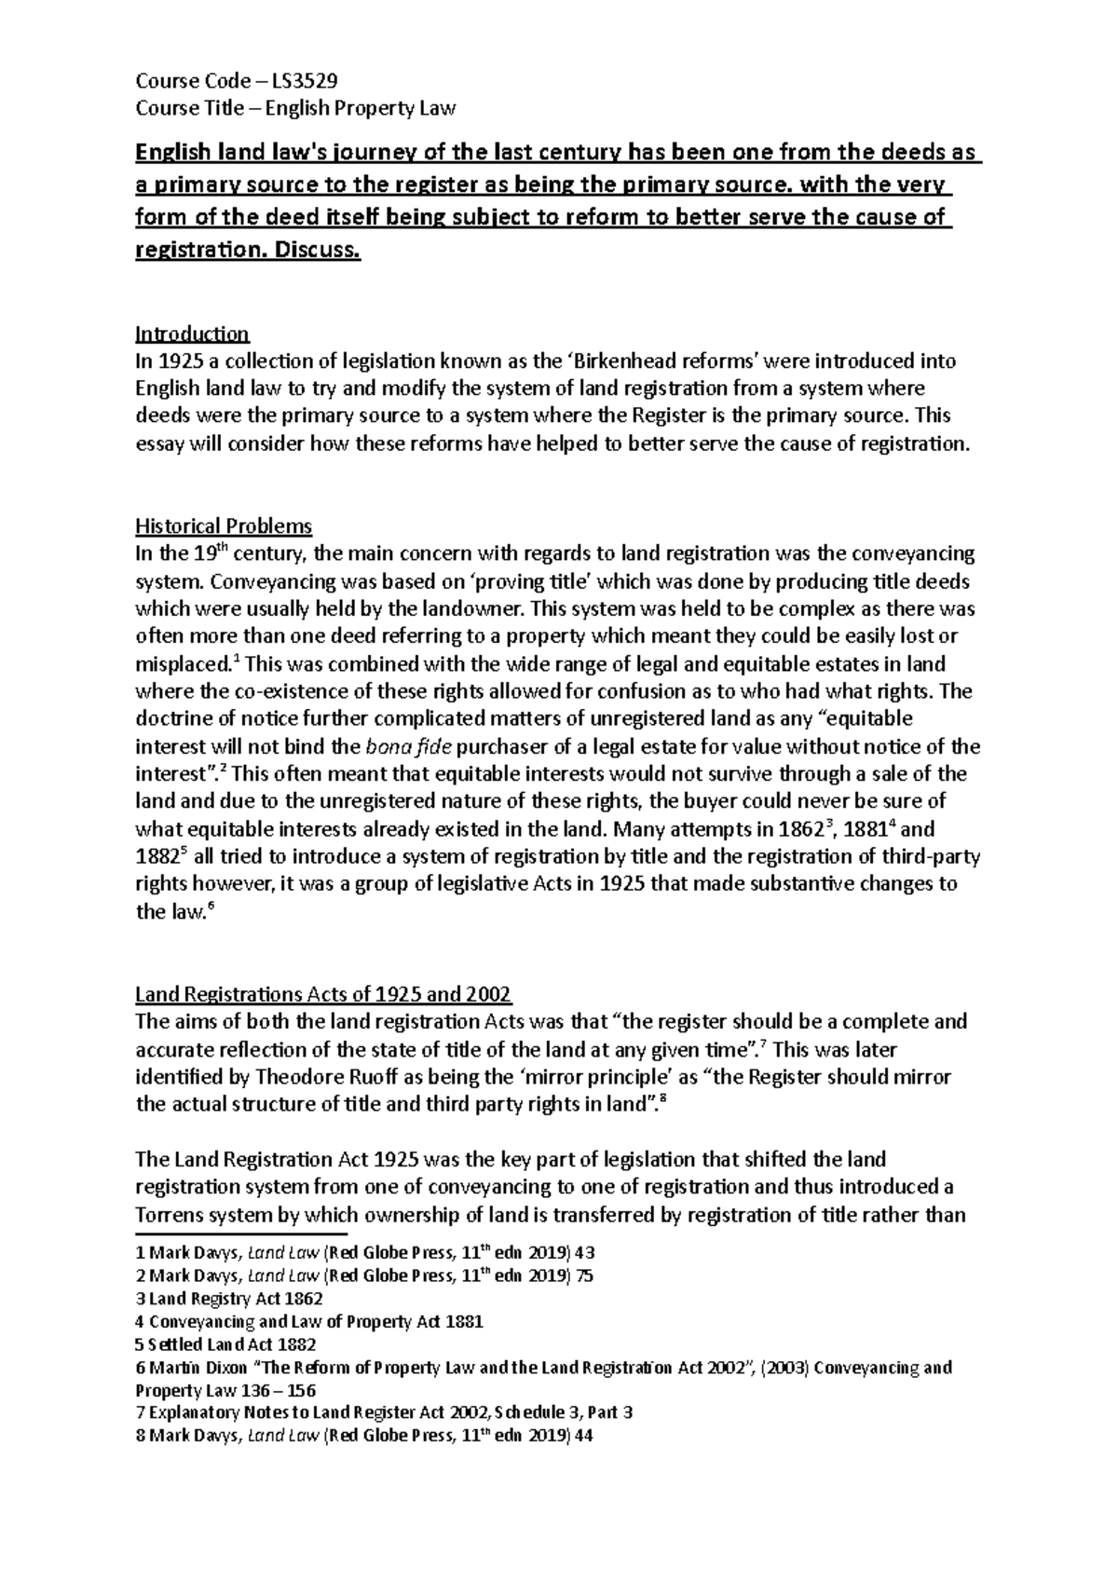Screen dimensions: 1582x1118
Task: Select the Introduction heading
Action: tap(192, 334)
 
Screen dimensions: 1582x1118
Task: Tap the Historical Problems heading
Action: tap(224, 526)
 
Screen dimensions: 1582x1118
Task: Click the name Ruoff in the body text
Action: tap(413, 1077)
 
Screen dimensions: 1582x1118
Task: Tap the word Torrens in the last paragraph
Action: tap(172, 1216)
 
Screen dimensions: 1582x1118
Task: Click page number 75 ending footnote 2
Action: tap(584, 1276)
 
